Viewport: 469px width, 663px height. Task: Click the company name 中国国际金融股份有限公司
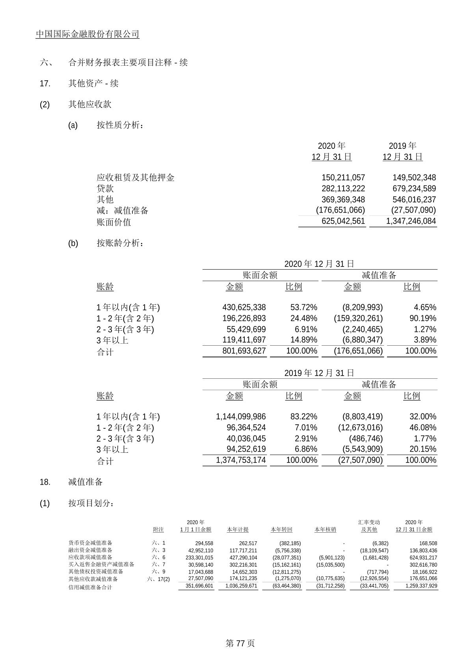(87, 34)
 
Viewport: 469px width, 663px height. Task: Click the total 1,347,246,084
(411, 221)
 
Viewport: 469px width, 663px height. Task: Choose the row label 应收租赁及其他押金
(135, 178)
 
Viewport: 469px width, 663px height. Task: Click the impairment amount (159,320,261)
(358, 318)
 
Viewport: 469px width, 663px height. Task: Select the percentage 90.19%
(422, 318)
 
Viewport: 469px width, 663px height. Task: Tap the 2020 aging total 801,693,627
(244, 351)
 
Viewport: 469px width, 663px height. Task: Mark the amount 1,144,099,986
(241, 417)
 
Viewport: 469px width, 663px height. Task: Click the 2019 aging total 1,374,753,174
(241, 460)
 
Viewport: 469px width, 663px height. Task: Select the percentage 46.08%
(422, 428)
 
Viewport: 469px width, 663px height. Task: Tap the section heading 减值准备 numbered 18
(86, 482)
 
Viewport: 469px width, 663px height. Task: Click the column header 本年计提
(238, 530)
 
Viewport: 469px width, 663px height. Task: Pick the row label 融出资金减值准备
(90, 550)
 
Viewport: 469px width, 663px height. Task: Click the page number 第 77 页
(240, 643)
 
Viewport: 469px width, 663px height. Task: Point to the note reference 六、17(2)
(158, 579)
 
